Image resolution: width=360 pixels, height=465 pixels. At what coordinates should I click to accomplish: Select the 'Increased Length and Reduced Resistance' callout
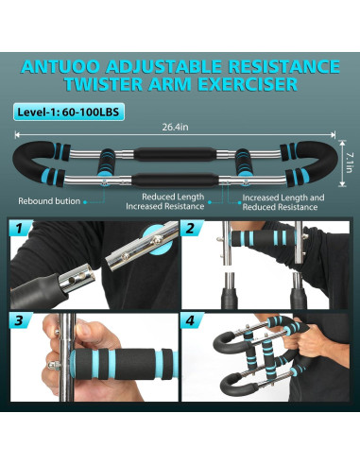283,201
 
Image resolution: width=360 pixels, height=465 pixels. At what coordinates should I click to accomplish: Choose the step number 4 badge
190,321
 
